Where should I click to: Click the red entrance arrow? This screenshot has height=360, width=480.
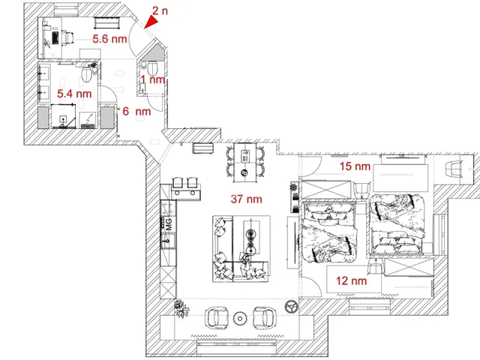152,22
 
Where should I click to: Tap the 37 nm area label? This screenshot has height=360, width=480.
247,199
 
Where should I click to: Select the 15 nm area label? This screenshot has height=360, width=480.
355,166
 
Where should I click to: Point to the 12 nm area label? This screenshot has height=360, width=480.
352,280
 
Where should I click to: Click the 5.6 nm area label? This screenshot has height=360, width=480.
110,39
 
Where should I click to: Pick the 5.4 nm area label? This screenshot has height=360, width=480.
74,93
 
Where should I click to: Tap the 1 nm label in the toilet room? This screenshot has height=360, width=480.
153,79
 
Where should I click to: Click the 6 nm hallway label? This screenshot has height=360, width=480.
136,111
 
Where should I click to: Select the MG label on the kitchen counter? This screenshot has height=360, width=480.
169,224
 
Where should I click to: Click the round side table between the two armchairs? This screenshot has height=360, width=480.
240,319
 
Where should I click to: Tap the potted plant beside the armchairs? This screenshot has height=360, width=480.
181,308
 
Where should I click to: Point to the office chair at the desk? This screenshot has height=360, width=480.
67,37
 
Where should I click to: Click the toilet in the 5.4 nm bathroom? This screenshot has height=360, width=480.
87,74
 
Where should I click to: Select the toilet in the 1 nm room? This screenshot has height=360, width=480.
152,68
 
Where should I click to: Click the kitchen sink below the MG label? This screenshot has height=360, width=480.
168,241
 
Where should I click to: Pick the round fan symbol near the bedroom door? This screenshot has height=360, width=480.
291,307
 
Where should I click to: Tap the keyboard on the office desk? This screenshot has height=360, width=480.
55,37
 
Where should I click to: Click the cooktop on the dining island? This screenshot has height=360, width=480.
245,156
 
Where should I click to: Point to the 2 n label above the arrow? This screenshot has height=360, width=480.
160,10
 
